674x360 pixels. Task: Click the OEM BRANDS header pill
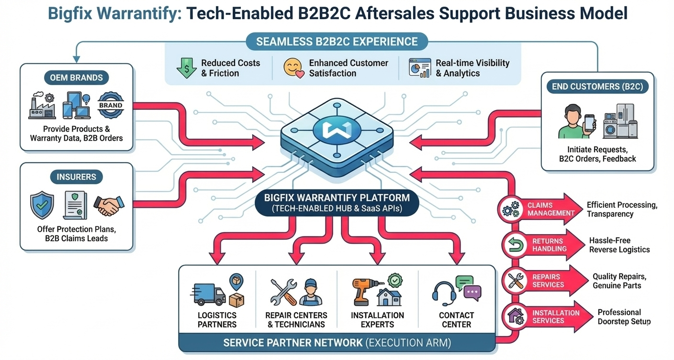(76, 77)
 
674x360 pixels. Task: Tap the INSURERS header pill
(76, 177)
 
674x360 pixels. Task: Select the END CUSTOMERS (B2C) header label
(597, 87)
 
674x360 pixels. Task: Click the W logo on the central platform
(337, 130)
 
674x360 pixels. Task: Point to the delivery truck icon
(208, 293)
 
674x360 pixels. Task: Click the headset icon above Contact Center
(444, 293)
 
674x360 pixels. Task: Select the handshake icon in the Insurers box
(108, 205)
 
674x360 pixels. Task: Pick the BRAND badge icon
(111, 105)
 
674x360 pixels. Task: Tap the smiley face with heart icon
(293, 68)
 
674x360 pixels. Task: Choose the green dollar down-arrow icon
(186, 68)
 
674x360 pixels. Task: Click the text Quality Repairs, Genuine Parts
(619, 281)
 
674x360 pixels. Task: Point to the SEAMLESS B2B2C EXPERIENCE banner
(337, 42)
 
